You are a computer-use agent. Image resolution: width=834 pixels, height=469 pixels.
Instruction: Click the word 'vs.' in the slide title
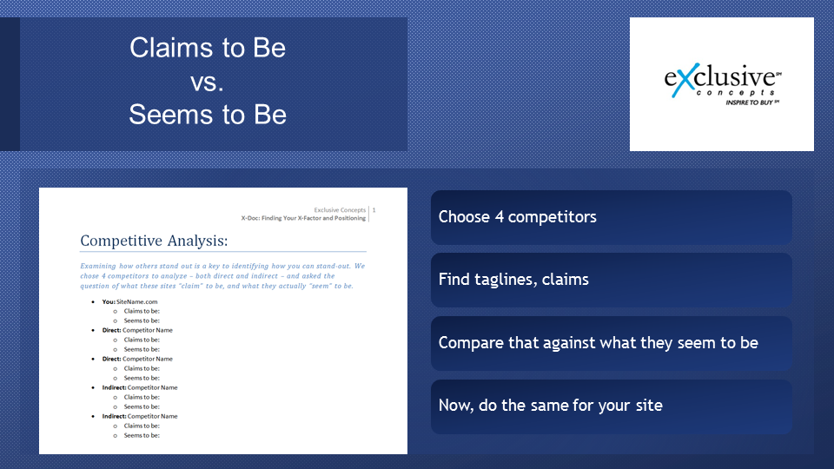click(207, 82)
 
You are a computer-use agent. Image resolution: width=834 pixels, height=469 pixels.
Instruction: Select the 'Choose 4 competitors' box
click(611, 217)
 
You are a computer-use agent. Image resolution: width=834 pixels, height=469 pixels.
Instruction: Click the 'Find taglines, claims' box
click(611, 280)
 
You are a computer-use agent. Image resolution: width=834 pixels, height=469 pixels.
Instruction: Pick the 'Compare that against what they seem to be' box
click(611, 343)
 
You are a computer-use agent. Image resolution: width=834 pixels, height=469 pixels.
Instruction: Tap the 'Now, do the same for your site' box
click(611, 406)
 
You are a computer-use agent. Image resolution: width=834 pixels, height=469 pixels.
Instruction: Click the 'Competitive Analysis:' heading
click(154, 241)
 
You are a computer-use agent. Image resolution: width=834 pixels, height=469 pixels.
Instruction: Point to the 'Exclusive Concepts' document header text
click(340, 210)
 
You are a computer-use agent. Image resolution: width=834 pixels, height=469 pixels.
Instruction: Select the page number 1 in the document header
click(374, 210)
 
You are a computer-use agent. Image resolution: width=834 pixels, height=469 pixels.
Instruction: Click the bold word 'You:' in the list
click(109, 301)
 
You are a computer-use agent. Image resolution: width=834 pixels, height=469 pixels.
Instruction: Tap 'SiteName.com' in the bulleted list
click(136, 301)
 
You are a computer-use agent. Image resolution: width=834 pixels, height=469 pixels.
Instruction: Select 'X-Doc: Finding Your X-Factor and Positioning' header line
click(303, 218)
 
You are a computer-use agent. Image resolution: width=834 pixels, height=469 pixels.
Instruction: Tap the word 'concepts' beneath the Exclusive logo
click(735, 93)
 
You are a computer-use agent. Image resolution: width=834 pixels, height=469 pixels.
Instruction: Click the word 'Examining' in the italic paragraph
click(98, 266)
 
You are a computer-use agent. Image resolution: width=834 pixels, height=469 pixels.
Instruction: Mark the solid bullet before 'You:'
click(93, 302)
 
